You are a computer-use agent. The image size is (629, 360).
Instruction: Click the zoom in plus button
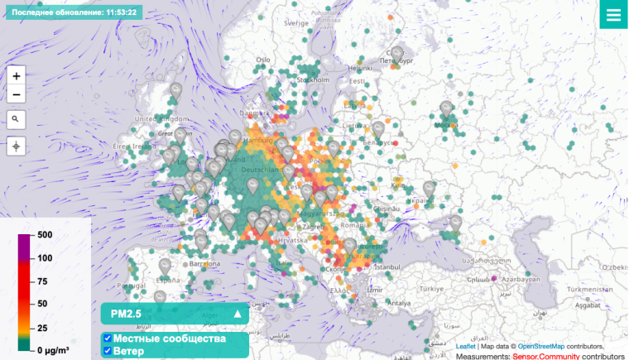tap(16, 74)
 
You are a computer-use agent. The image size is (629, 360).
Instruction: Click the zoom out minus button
tap(16, 94)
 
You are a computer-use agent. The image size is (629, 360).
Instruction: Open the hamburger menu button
tap(613, 15)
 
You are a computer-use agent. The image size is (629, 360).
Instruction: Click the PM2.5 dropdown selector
tap(175, 314)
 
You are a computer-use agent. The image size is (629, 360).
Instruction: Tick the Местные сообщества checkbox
tap(108, 338)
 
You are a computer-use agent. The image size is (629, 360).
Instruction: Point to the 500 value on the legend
tap(45, 235)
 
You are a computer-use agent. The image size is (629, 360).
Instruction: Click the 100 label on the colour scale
tap(45, 258)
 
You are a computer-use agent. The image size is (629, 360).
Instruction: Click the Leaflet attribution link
tap(466, 346)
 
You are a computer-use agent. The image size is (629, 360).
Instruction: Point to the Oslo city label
tap(263, 60)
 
